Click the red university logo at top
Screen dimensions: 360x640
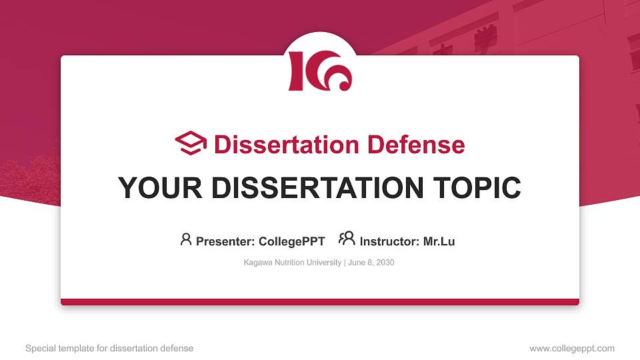tap(320, 70)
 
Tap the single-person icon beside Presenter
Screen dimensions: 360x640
tap(186, 239)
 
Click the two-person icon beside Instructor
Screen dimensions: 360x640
tap(347, 239)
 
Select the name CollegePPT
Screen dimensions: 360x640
tap(291, 241)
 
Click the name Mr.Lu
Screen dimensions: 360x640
tap(439, 241)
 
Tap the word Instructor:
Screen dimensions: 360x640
tap(389, 241)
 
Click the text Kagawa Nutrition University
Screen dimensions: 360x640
tap(293, 263)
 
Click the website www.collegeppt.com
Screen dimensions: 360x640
tap(572, 348)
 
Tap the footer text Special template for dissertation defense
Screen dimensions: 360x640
tap(109, 348)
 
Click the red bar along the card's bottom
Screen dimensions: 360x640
tap(320, 302)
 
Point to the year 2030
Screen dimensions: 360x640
tap(385, 263)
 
